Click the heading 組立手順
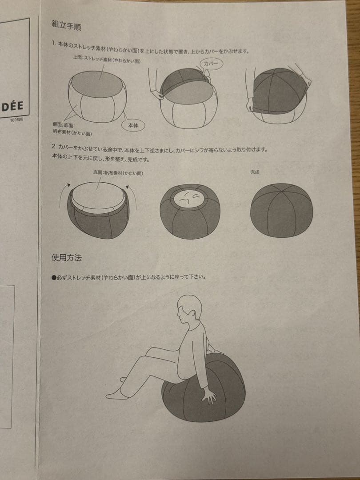(66, 25)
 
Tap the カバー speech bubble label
(212, 64)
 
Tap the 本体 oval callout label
(133, 126)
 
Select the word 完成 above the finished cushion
(255, 172)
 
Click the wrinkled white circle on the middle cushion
(190, 199)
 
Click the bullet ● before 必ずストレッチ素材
(54, 277)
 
